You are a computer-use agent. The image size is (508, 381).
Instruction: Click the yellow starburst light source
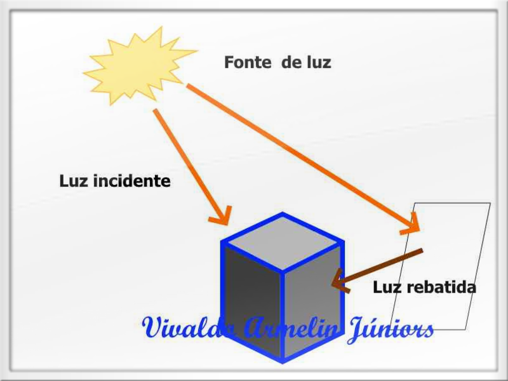point(138,67)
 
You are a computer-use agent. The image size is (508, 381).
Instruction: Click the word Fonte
point(248,62)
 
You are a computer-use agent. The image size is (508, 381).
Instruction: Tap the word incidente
point(132,181)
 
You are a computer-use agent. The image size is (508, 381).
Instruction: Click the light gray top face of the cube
point(283,243)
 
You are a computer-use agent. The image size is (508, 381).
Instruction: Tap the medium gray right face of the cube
point(312,301)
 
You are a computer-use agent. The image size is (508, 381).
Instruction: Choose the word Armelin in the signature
point(291,328)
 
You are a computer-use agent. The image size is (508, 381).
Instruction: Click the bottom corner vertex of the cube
point(283,362)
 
